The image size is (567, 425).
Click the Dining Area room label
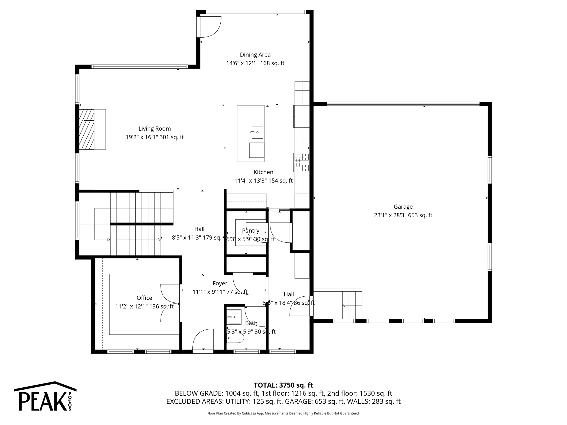pos(255,55)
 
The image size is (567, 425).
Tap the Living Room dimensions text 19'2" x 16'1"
pos(154,137)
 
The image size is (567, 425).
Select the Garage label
pos(403,207)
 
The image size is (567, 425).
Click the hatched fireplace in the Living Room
pos(86,129)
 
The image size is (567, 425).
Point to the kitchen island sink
pos(257,132)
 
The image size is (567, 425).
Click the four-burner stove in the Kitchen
pos(301,162)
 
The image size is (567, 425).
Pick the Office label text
pos(144,298)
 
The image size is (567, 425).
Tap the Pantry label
pos(251,231)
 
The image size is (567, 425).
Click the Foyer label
pos(220,283)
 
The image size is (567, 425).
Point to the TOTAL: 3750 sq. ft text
pos(283,385)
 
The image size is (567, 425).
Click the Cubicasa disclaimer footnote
pos(283,413)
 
